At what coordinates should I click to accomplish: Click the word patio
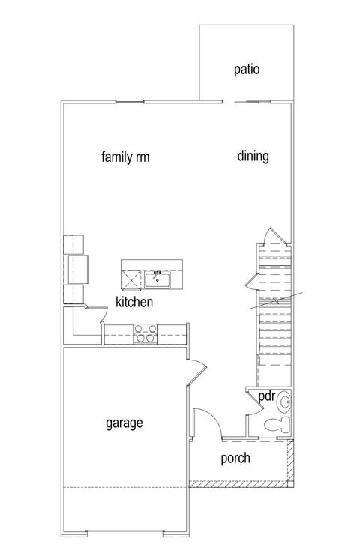click(x=246, y=70)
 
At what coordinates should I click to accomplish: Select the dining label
click(x=253, y=157)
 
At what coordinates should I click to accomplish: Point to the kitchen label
click(x=134, y=303)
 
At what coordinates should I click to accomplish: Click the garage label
click(x=124, y=423)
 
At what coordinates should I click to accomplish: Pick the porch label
click(x=235, y=459)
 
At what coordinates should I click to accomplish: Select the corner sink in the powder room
click(x=285, y=404)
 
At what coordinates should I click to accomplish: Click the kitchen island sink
click(x=158, y=280)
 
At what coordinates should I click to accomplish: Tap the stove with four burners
click(x=144, y=333)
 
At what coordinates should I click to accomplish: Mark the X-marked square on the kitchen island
click(x=132, y=280)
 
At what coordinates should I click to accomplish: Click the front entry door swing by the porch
click(x=205, y=421)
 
